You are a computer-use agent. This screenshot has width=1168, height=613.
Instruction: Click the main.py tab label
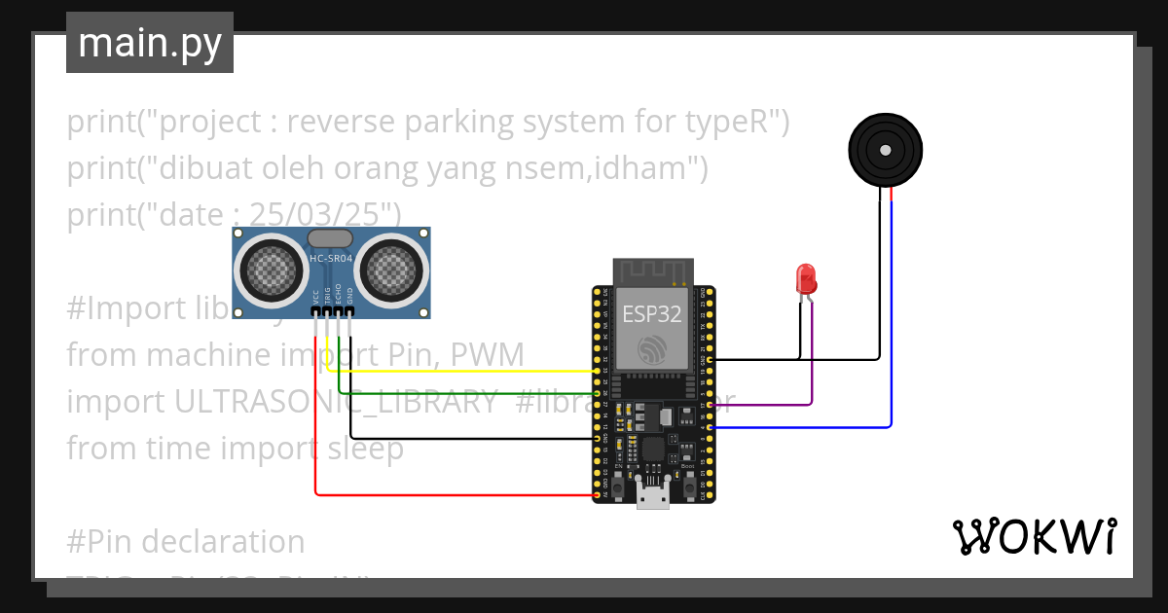(149, 44)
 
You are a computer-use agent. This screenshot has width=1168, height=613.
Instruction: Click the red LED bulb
(806, 279)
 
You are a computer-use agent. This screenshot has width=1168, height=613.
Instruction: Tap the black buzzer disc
(885, 151)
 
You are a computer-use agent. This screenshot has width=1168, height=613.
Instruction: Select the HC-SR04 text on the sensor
(330, 258)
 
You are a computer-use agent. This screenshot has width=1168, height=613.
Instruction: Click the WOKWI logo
(1035, 536)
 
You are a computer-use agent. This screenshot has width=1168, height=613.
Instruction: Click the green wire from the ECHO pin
(467, 392)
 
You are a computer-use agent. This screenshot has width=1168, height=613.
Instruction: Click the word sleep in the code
(363, 449)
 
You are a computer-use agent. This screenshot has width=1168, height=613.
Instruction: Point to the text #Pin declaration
(185, 541)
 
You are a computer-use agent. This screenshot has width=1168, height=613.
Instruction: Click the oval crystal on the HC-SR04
(330, 238)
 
